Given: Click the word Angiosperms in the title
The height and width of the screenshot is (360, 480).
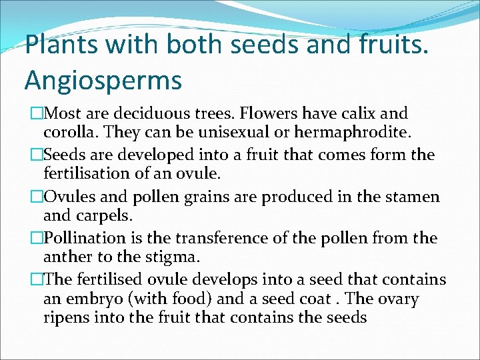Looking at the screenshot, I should point(103,80).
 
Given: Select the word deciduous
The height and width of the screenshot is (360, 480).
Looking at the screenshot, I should point(148,114).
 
